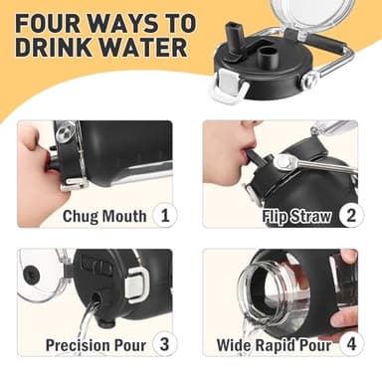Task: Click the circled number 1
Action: click(x=165, y=215)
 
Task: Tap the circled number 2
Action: click(x=349, y=215)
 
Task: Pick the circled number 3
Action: click(x=165, y=345)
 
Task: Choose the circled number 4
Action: click(x=349, y=345)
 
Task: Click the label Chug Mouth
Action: click(x=104, y=216)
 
